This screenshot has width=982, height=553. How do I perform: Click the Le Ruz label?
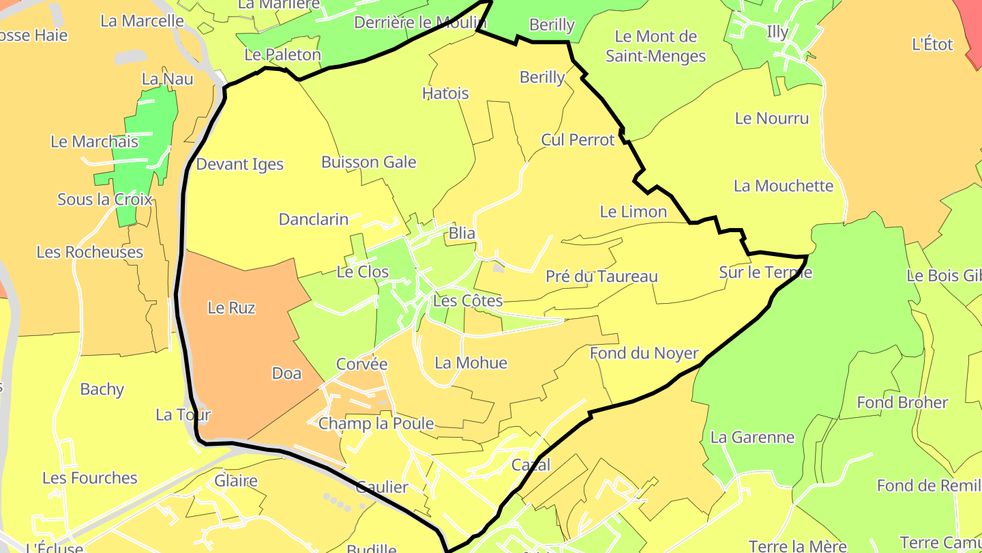coord(231,308)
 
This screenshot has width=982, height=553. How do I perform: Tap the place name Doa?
coord(286,373)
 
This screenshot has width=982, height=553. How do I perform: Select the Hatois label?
coord(445,93)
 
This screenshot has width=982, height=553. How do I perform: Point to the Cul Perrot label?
coord(578,140)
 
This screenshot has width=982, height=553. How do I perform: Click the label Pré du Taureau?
coord(601,276)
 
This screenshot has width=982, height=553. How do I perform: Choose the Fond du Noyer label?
coord(644,354)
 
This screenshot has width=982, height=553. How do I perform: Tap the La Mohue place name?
coord(471,363)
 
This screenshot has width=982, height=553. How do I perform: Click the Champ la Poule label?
coord(376,423)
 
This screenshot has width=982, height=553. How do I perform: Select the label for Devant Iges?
coord(239,165)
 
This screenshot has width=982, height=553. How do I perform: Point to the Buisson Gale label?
coord(368,162)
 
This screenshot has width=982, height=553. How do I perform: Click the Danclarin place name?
coord(313,220)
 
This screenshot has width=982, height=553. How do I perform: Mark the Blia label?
coord(462,233)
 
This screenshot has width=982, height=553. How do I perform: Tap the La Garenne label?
coord(752,438)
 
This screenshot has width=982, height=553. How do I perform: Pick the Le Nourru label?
coord(771,119)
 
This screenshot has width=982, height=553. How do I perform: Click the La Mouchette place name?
coord(783,186)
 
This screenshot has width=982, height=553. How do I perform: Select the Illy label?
coord(777,32)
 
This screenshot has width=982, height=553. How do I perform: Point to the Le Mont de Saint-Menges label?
coord(655,46)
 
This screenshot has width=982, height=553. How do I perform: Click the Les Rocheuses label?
coord(89,253)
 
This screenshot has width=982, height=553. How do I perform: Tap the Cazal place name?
coord(531,465)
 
